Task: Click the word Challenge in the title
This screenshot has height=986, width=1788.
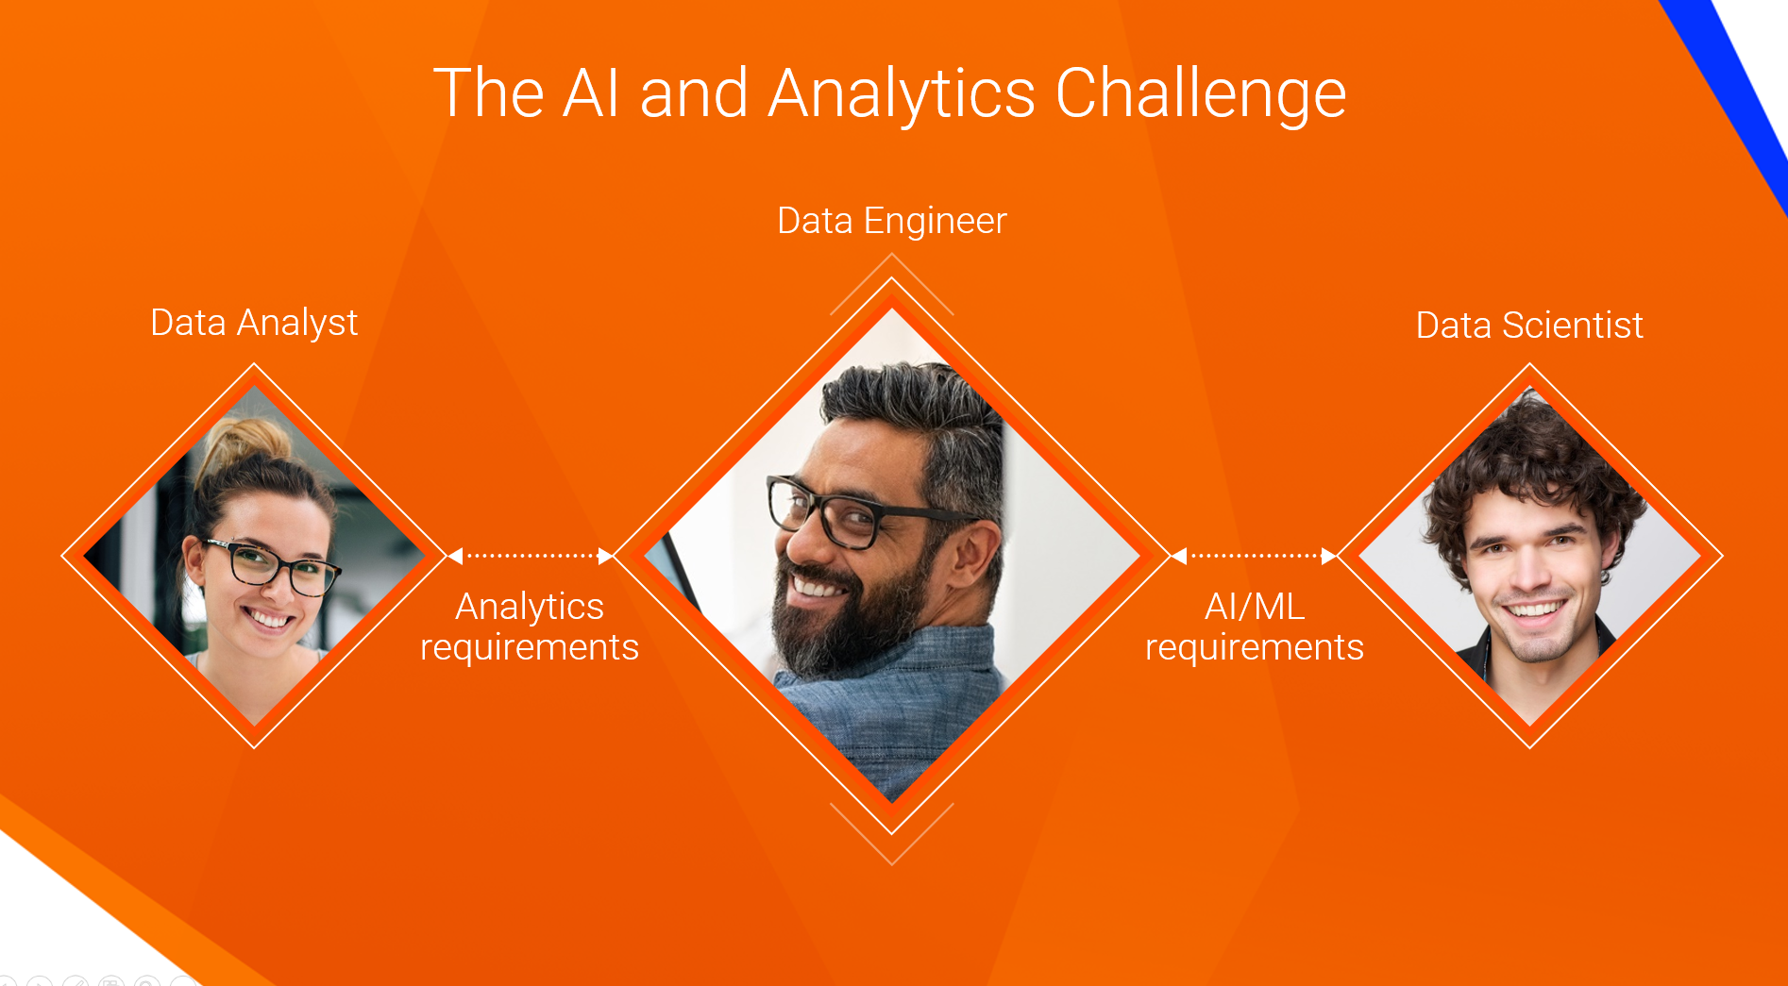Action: point(1200,94)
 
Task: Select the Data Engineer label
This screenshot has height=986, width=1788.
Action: point(892,222)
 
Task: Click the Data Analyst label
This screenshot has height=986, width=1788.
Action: point(254,324)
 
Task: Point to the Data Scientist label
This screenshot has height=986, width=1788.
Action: point(1529,326)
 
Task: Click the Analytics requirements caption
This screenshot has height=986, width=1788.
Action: point(530,627)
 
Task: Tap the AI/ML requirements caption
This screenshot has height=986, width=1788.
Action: point(1255,627)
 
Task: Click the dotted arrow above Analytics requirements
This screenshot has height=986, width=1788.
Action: point(530,556)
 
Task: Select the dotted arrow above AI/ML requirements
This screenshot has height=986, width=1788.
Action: point(1254,556)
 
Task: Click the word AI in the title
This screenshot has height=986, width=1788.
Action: point(591,94)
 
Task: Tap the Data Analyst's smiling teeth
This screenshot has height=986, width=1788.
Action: point(270,619)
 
